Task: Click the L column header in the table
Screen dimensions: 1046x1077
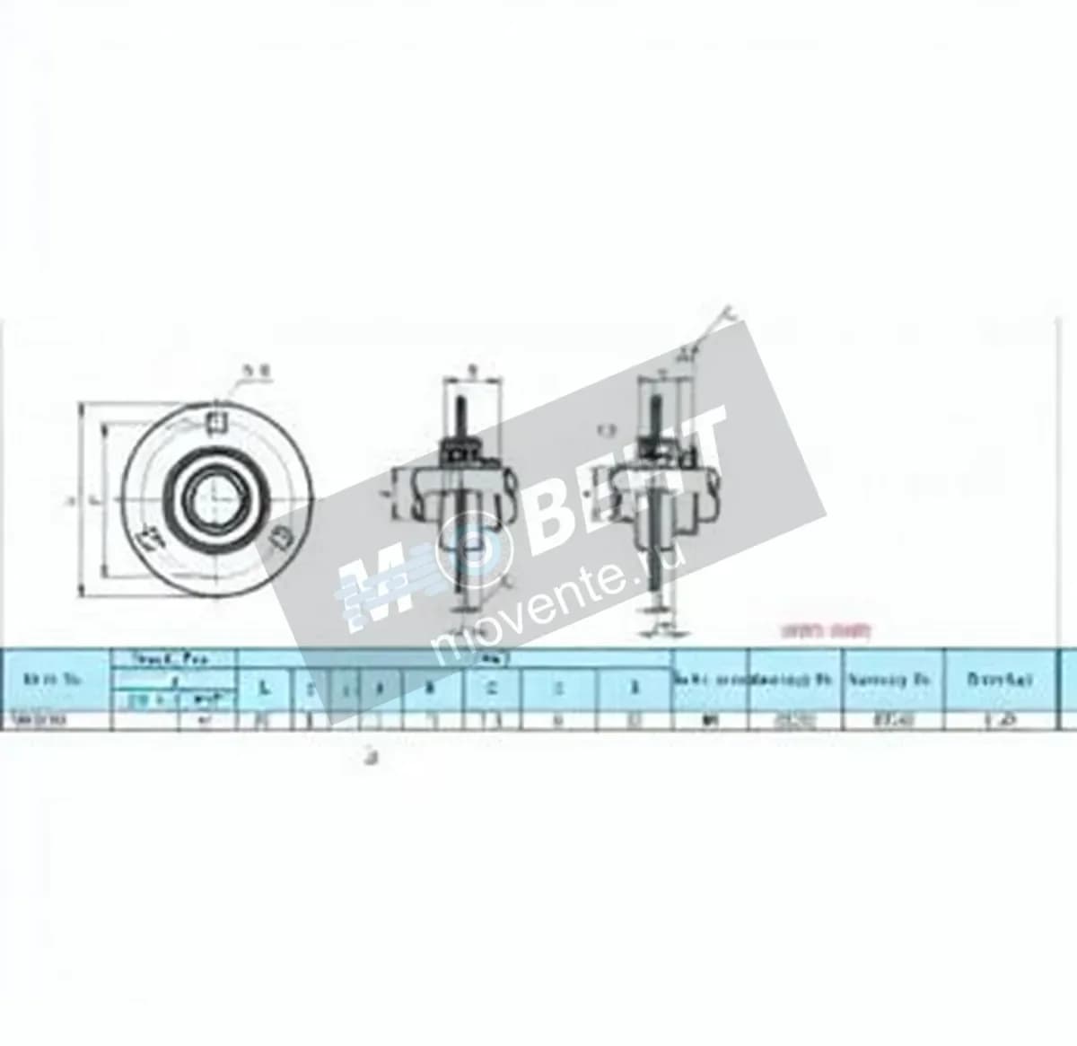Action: point(263,689)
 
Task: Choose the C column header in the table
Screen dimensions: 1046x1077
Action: point(491,689)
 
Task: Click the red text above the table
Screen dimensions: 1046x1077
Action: point(827,631)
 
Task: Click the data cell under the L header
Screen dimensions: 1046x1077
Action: point(263,719)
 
